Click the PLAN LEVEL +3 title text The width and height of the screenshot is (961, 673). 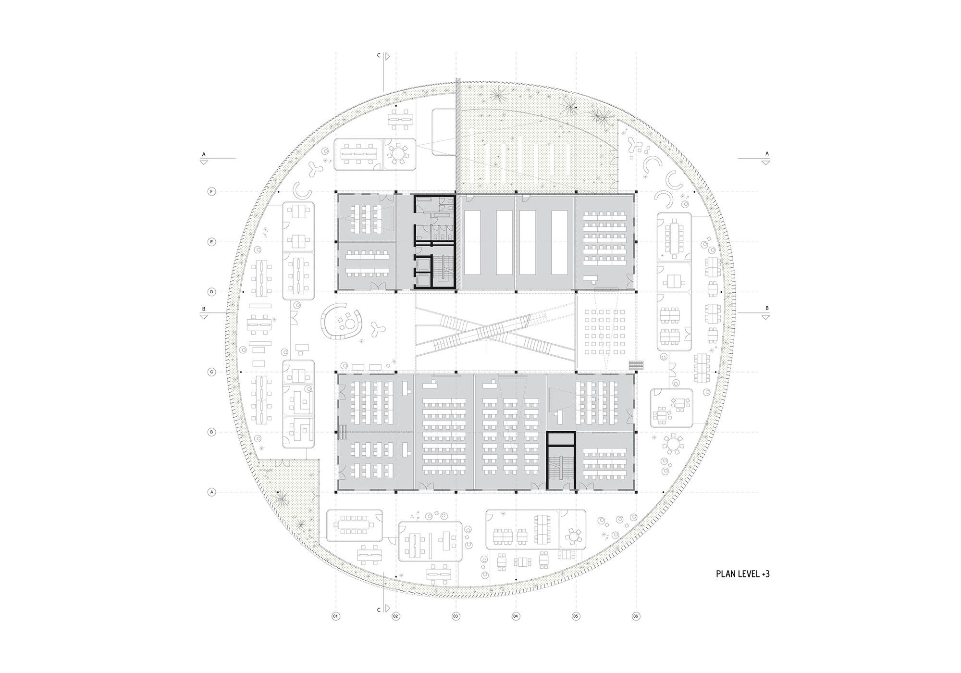(x=743, y=573)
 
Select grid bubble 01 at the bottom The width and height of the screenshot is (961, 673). (x=335, y=616)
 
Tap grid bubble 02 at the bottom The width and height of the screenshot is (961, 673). (x=396, y=616)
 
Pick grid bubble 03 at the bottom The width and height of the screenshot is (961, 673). (x=456, y=616)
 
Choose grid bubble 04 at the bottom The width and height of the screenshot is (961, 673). (x=516, y=616)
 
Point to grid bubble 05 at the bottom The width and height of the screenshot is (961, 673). (x=576, y=616)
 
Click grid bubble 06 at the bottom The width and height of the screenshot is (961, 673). (x=636, y=616)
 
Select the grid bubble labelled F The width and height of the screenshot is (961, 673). (x=211, y=192)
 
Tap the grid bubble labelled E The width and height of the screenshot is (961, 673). (x=211, y=242)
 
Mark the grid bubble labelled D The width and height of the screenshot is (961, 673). (x=211, y=292)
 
